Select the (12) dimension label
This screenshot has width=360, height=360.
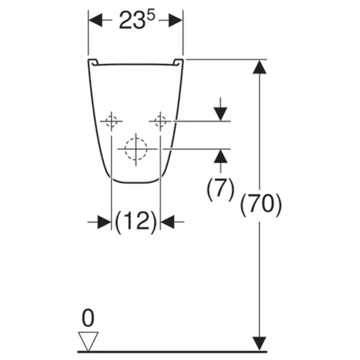pos(135,222)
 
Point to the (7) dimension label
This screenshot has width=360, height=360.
pos(220,189)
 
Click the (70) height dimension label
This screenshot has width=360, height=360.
pos(261,205)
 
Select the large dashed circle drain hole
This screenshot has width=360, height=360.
pos(135,148)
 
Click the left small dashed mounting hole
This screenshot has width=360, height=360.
pos(111,121)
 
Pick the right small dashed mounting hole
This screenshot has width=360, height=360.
pos(160,121)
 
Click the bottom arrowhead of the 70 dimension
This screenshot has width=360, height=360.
pos(258,343)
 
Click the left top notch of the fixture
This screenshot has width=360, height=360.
pos(93,62)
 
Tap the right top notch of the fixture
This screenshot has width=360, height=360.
pos(178,62)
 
